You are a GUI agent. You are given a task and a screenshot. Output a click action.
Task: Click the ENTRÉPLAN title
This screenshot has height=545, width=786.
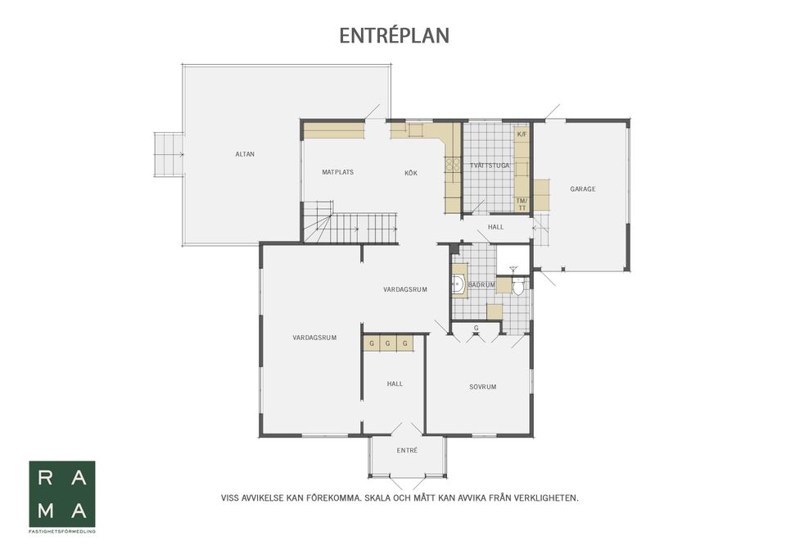click(394, 35)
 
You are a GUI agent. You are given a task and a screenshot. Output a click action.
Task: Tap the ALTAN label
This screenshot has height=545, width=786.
click(245, 154)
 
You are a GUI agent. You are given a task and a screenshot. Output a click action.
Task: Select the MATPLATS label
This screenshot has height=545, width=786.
click(337, 172)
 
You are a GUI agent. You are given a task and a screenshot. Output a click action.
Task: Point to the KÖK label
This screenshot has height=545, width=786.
click(410, 173)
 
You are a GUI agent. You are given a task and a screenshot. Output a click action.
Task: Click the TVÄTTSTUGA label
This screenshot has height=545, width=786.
click(490, 166)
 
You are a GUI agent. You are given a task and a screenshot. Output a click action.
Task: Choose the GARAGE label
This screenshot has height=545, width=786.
click(582, 189)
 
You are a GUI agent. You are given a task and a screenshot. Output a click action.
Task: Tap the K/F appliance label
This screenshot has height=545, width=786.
click(522, 134)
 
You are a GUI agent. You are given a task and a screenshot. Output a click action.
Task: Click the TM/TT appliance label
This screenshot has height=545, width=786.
click(522, 204)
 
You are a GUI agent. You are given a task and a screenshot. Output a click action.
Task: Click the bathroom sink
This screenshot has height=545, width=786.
click(458, 285)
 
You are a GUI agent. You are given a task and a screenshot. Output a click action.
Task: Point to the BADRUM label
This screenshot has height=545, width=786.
click(481, 285)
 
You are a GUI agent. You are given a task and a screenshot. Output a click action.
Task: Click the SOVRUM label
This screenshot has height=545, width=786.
click(483, 387)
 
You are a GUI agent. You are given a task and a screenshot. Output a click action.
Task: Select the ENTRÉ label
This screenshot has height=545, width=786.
click(407, 451)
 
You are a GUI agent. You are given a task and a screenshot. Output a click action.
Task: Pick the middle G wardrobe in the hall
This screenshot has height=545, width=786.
click(387, 343)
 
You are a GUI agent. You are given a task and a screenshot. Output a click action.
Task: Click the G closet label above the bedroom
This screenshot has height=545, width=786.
click(477, 328)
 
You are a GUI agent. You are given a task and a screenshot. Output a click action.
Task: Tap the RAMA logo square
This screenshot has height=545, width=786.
click(62, 494)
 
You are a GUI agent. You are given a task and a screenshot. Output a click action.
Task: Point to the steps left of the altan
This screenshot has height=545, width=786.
click(168, 154)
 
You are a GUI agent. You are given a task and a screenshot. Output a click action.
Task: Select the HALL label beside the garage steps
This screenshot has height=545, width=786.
click(496, 227)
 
